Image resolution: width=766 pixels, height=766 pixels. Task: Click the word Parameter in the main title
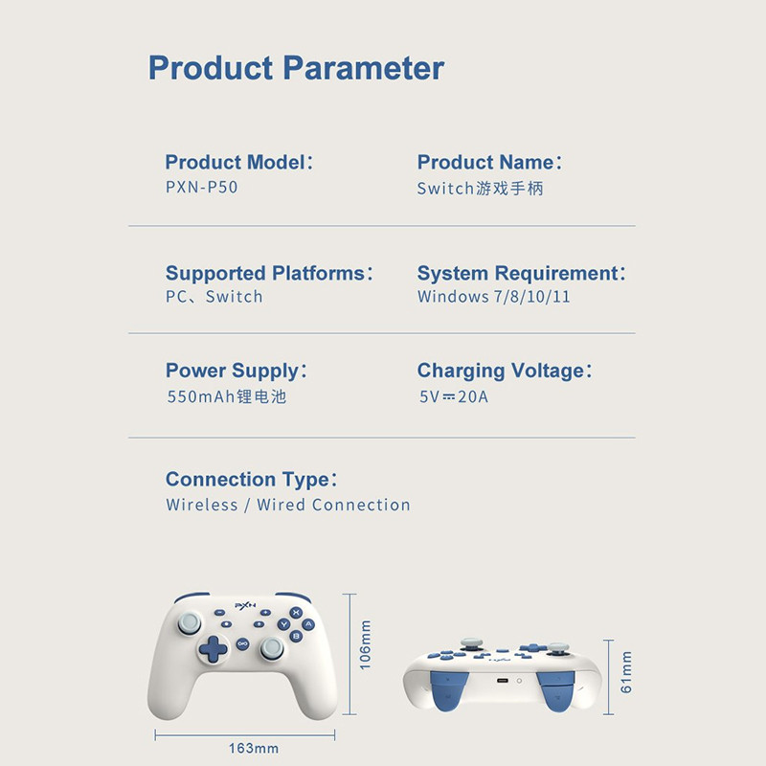(x=364, y=67)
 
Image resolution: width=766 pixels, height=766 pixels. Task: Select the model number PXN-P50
(x=202, y=187)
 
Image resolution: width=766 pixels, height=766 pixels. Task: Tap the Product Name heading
(x=489, y=162)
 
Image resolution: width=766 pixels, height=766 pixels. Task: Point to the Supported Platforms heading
(x=269, y=273)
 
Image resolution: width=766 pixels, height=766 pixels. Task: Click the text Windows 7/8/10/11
(x=494, y=297)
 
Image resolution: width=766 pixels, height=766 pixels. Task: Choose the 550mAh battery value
(x=227, y=396)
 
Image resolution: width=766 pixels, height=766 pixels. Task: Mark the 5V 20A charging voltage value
(x=454, y=396)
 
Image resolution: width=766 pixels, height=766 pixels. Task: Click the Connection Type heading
(x=251, y=480)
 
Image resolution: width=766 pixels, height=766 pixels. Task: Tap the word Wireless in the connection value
(x=202, y=505)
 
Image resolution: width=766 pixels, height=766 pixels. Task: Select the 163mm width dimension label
(x=254, y=748)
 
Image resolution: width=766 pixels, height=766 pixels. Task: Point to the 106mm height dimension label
(x=366, y=644)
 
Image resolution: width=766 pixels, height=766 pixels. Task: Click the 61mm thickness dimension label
(x=626, y=672)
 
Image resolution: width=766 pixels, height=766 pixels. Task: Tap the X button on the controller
(x=296, y=613)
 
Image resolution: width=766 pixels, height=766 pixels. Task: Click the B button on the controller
(x=296, y=636)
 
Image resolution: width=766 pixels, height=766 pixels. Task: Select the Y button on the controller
(x=283, y=624)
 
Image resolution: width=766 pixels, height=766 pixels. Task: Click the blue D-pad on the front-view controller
(x=213, y=649)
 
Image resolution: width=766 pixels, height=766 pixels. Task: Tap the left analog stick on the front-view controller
(x=189, y=623)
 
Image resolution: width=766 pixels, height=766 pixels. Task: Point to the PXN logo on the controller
(x=245, y=605)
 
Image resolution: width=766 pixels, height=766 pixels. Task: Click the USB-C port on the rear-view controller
(x=502, y=681)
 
